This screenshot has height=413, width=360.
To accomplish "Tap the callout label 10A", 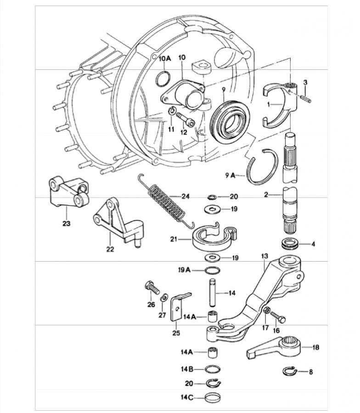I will pyautogui.click(x=165, y=58).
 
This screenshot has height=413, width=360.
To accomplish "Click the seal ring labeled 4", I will pyautogui.click(x=290, y=244).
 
